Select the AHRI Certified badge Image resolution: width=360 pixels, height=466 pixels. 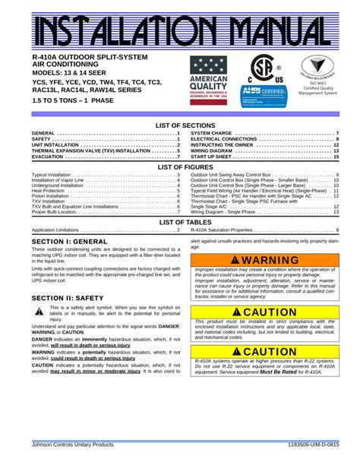point(264,92)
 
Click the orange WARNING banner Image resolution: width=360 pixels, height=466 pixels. point(265,260)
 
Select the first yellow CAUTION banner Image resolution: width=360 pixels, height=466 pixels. point(265,312)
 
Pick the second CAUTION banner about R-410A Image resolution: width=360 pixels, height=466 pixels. point(265,351)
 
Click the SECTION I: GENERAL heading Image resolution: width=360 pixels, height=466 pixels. point(70,241)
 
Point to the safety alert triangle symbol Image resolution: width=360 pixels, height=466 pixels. point(39,312)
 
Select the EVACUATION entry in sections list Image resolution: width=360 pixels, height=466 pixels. point(43,157)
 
